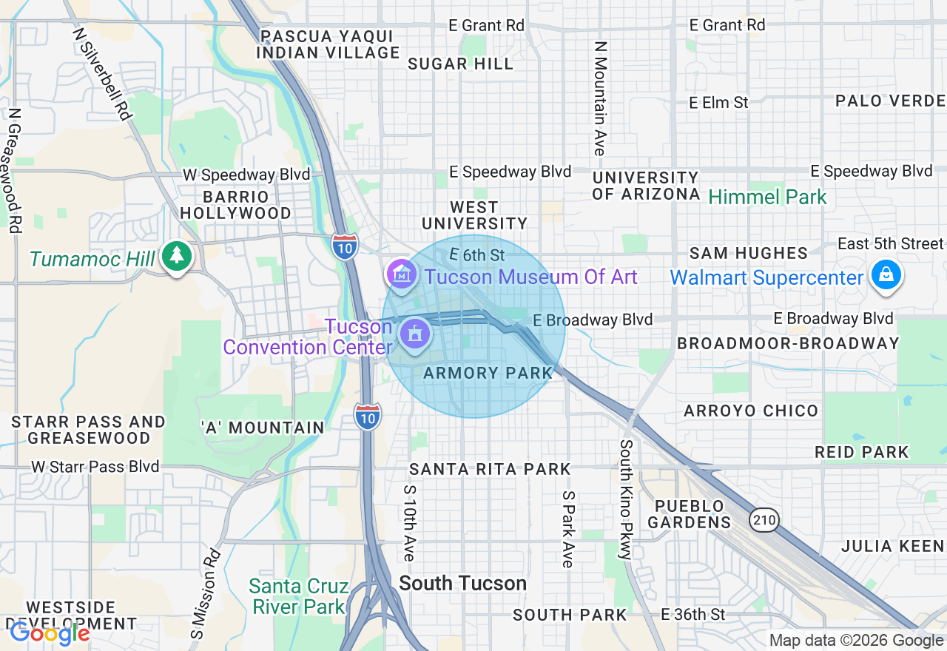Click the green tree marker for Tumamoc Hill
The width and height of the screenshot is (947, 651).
(176, 256)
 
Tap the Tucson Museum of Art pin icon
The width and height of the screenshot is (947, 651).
(401, 274)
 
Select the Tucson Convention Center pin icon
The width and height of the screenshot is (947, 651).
(415, 333)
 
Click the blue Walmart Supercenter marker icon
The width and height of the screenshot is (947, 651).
(885, 275)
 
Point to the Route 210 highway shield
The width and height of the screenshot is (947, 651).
(764, 520)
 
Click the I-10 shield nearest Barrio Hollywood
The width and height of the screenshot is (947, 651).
(345, 246)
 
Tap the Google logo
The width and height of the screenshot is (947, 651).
(49, 633)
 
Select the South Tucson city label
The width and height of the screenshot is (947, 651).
(462, 584)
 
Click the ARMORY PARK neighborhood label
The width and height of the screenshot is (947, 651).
(488, 373)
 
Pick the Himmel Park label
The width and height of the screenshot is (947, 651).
(767, 197)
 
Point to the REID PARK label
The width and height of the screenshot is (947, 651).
(861, 452)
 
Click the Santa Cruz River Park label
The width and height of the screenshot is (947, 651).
(299, 597)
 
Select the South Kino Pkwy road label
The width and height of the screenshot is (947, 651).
(626, 499)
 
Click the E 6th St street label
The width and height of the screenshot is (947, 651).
(476, 254)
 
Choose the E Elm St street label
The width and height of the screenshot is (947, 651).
(718, 103)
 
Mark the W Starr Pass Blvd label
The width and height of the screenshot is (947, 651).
(95, 467)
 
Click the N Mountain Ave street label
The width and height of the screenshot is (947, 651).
(600, 98)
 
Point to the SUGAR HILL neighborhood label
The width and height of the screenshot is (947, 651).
(460, 64)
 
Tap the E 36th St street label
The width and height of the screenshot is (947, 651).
(692, 614)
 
